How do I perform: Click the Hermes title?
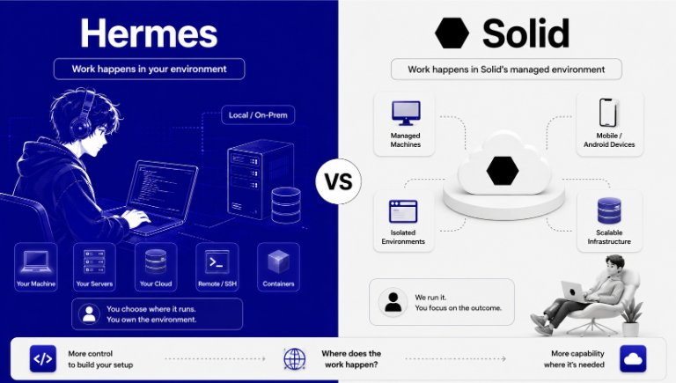click(149, 33)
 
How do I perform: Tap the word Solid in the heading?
click(526, 33)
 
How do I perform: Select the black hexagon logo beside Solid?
click(452, 33)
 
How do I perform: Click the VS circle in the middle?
click(338, 181)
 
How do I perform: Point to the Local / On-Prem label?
click(258, 115)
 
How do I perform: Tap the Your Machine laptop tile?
click(36, 267)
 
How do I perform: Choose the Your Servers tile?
click(94, 267)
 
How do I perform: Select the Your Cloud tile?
click(156, 267)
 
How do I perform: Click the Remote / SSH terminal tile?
click(217, 267)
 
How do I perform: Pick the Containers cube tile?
click(278, 267)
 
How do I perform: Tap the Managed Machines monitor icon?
click(406, 113)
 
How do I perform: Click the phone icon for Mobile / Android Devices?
click(608, 113)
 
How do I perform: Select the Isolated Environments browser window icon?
click(403, 211)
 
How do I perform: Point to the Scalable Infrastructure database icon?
click(609, 210)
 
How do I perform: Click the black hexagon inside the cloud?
click(503, 171)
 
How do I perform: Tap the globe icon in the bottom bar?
click(295, 359)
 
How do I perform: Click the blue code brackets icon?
click(42, 359)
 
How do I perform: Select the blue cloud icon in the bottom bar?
click(633, 359)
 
